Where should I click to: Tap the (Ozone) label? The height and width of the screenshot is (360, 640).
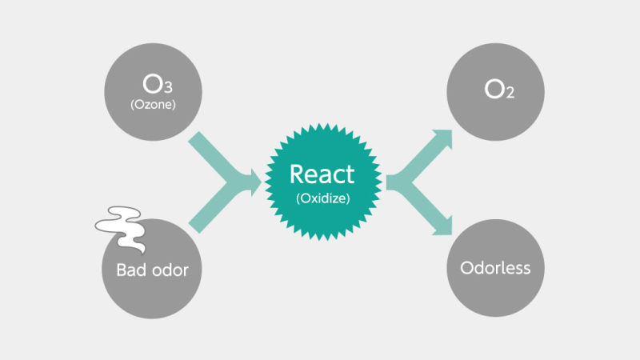click(151, 103)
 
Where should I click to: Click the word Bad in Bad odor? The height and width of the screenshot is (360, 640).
click(130, 270)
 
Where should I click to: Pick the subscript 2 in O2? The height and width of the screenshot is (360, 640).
click(510, 94)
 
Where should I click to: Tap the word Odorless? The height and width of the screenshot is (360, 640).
click(495, 268)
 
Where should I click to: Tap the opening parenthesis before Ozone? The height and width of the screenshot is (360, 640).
click(132, 103)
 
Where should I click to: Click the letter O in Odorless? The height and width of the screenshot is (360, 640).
click(467, 268)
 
